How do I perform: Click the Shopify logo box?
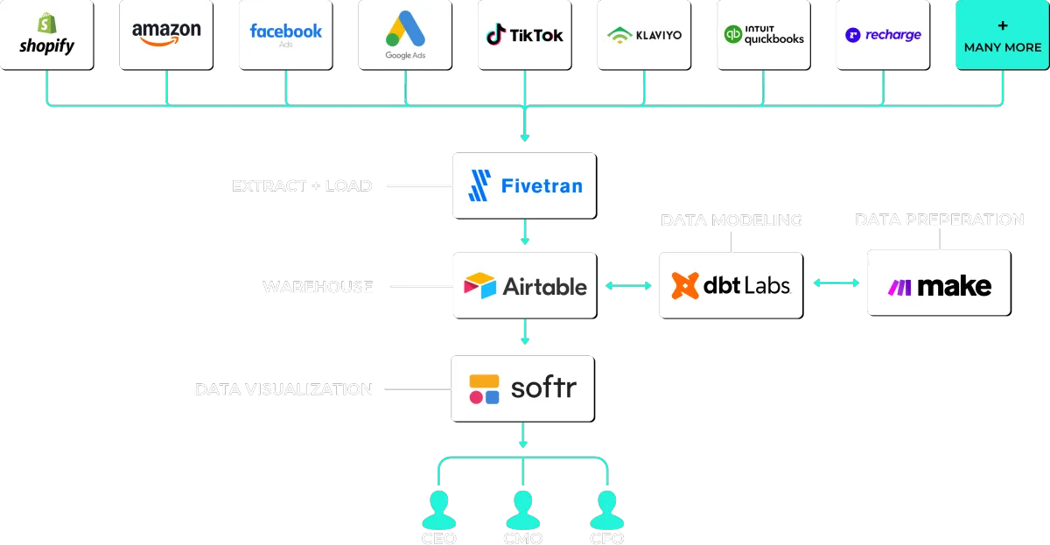coord(46,35)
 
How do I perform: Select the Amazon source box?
coord(166,35)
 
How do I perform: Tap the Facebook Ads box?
coord(285,35)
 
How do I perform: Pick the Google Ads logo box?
coord(404,35)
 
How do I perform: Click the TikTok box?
coord(524,35)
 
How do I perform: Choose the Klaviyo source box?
coord(644,35)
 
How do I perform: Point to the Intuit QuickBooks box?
coord(763,35)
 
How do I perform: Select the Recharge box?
coord(882,35)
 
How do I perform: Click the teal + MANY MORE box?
coord(1002,35)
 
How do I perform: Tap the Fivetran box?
coord(524,185)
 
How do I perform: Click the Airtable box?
coord(524,285)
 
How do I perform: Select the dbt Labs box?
coord(731,285)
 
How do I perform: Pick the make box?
coord(939,283)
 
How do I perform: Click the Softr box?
coord(521,388)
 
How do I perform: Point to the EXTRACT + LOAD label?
coord(302,186)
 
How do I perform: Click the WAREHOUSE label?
coord(318,287)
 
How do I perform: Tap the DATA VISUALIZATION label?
coord(285,389)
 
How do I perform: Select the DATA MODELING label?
coord(731,220)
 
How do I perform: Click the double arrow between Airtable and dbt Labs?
coord(627,285)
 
